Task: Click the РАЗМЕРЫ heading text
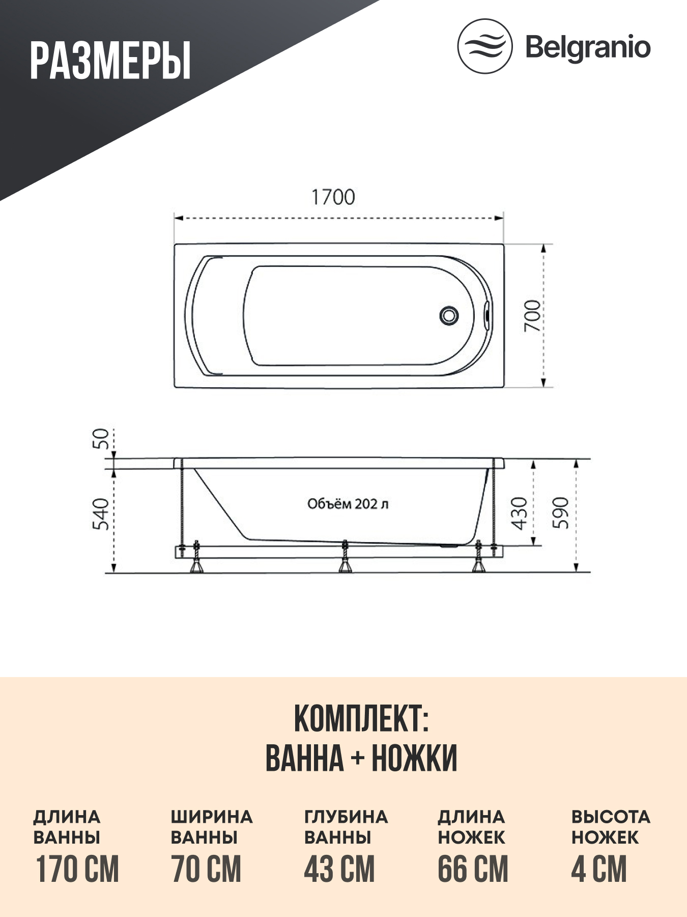110,62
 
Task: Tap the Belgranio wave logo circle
484,46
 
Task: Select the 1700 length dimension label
333,198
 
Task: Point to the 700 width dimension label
532,316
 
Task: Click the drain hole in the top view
449,315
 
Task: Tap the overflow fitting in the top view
486,314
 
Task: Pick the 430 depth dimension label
519,513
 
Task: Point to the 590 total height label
560,513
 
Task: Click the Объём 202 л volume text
348,504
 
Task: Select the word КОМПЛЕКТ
361,719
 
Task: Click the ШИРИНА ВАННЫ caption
211,827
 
